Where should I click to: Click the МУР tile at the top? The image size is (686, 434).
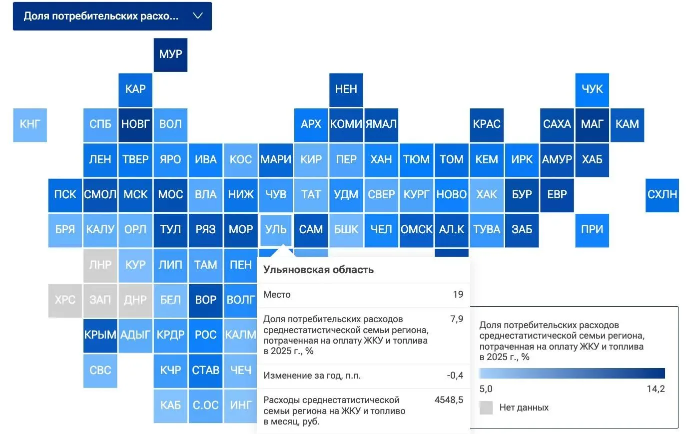(x=170, y=55)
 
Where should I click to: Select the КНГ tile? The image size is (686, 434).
(x=30, y=125)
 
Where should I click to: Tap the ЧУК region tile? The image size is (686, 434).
(x=592, y=90)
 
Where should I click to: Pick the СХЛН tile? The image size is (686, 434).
(x=662, y=195)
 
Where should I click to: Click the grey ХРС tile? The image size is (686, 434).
(x=65, y=301)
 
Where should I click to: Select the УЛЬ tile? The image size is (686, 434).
(x=276, y=230)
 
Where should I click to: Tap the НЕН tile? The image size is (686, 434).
(x=346, y=90)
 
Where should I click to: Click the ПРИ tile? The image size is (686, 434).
(x=592, y=230)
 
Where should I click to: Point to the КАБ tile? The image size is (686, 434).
(x=170, y=406)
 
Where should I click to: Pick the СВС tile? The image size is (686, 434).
(x=100, y=371)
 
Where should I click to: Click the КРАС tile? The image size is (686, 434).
(x=487, y=125)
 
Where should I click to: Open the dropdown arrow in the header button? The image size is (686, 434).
(x=198, y=15)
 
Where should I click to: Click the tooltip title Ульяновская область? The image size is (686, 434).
(x=318, y=270)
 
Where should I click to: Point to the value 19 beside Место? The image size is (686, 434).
(x=458, y=295)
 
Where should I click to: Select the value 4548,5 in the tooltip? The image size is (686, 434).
(x=449, y=400)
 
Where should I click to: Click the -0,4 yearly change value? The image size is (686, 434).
(x=455, y=375)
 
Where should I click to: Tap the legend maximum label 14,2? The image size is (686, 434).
(x=656, y=389)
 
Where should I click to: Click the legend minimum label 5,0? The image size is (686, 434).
(x=486, y=389)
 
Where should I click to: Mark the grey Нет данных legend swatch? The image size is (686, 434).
(x=486, y=408)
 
